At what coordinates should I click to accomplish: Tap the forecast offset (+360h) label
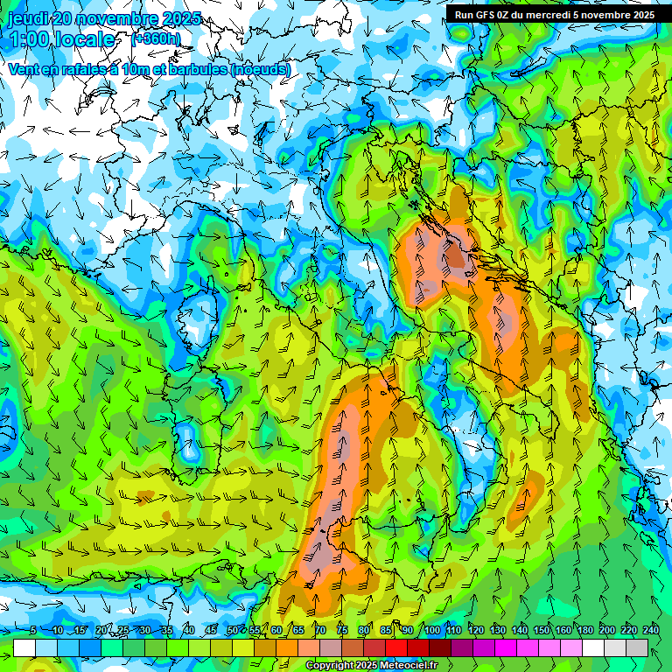click(156, 38)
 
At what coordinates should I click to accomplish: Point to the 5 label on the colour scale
click(33, 630)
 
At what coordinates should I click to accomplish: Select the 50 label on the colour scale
click(233, 630)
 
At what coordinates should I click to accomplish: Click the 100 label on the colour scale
click(431, 630)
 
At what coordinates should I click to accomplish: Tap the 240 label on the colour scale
click(650, 630)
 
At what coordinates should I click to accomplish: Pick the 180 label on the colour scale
click(584, 630)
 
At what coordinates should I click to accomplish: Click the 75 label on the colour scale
click(342, 630)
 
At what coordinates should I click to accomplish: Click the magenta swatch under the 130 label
click(506, 647)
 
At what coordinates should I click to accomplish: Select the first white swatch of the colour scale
click(24, 647)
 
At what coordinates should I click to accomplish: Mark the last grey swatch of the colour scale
click(637, 647)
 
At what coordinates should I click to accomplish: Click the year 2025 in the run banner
click(640, 15)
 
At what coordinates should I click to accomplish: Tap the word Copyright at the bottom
click(329, 666)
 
